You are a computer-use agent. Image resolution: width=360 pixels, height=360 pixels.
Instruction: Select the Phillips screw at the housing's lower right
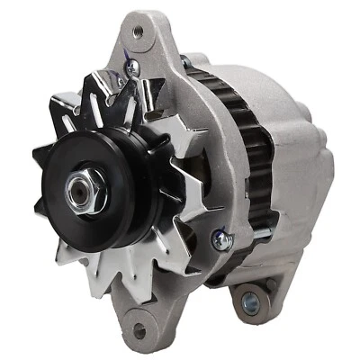pos(219,238)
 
